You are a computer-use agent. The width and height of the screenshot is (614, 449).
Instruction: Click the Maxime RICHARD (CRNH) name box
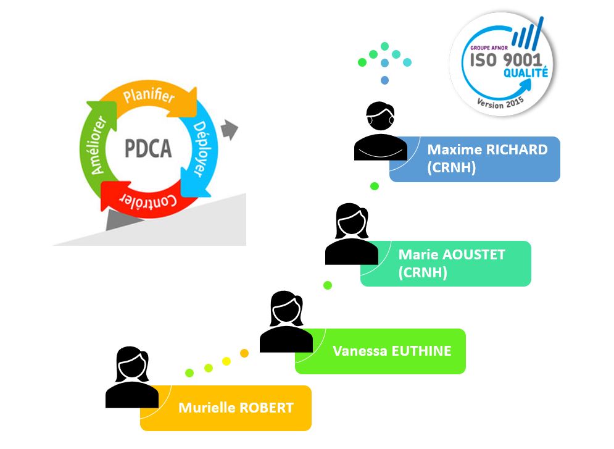tap(475, 159)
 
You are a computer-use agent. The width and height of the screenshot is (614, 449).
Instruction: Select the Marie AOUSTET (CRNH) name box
tap(446, 263)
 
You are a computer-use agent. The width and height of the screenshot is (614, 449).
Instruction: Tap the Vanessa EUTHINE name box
tap(380, 351)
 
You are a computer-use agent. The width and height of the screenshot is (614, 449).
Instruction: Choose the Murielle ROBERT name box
tap(226, 408)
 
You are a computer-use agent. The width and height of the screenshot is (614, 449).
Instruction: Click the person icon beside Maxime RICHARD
tap(380, 131)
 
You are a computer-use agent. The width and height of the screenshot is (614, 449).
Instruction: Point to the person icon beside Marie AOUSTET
tap(351, 234)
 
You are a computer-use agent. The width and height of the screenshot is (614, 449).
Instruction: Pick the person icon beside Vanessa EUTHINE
tap(286, 322)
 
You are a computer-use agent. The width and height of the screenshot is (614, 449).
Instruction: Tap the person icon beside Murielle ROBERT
tap(131, 377)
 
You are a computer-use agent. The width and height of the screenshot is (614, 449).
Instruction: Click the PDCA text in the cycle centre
tap(148, 149)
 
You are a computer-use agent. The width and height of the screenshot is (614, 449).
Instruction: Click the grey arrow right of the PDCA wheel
tap(229, 130)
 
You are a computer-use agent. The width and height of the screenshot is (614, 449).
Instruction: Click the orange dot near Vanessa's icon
tap(244, 353)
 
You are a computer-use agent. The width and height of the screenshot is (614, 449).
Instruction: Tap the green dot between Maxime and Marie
tap(374, 186)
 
